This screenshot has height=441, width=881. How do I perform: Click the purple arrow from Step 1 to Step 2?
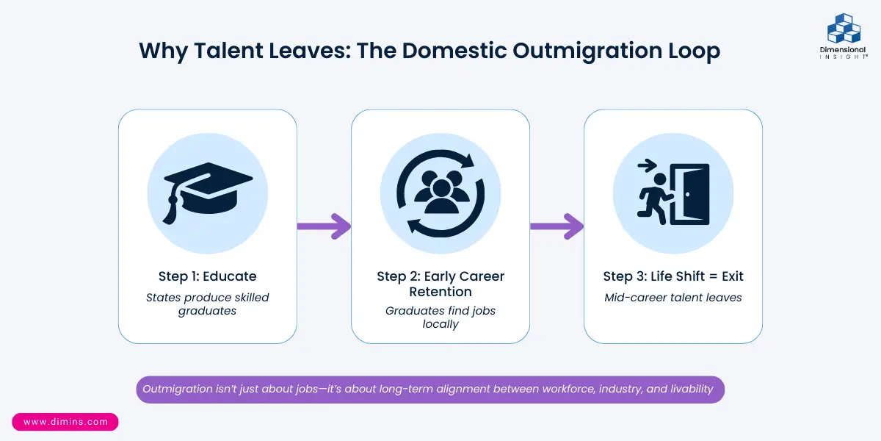pyautogui.click(x=324, y=226)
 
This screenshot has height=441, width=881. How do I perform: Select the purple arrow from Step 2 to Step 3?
pyautogui.click(x=556, y=226)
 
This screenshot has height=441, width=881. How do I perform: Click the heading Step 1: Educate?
pyautogui.click(x=208, y=276)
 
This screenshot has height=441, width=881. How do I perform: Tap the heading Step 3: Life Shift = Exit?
pyautogui.click(x=673, y=276)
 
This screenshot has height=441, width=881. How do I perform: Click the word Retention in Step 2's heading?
pyautogui.click(x=440, y=292)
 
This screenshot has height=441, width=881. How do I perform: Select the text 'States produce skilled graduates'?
pyautogui.click(x=208, y=304)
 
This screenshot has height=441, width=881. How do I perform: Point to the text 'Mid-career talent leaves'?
pyautogui.click(x=673, y=298)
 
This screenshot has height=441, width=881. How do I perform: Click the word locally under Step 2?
pyautogui.click(x=440, y=324)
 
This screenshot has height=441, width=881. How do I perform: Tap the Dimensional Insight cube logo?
pyautogui.click(x=844, y=29)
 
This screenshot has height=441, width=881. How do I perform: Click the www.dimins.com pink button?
pyautogui.click(x=65, y=422)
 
